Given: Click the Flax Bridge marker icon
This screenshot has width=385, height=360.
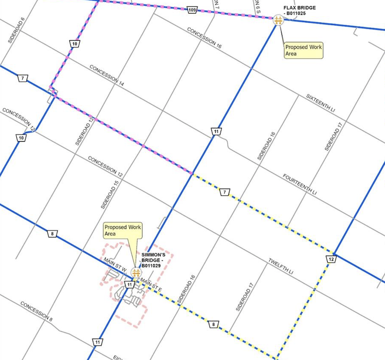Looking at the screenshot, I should tap(278, 20).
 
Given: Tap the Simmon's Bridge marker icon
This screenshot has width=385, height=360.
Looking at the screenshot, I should tap(136, 273).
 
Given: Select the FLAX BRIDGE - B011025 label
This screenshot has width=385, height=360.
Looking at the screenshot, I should tap(300, 10).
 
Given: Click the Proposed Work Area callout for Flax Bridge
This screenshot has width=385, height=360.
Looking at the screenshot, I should tap(303, 50).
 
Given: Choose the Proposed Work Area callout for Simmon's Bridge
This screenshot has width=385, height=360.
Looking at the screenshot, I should tap(123, 230).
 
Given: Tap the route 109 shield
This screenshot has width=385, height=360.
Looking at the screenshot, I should tap(192, 10).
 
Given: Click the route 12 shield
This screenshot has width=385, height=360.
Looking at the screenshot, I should tap(331, 259).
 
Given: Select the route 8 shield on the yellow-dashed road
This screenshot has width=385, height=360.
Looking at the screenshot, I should tap(213, 325).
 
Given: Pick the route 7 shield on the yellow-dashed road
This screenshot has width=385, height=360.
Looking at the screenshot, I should tap(225, 193).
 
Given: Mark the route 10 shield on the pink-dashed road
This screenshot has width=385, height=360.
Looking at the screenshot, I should tap(74, 44).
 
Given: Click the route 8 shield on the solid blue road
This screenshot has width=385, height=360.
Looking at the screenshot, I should tap(53, 234).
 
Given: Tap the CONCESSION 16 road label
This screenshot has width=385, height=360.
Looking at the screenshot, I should tap(204, 38).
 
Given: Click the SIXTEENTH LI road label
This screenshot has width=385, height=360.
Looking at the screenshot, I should tap(320, 103).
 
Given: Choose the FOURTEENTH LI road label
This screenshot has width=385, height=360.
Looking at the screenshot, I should tap(299, 185).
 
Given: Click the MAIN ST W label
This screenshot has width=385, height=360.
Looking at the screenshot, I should tap(115, 264).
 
